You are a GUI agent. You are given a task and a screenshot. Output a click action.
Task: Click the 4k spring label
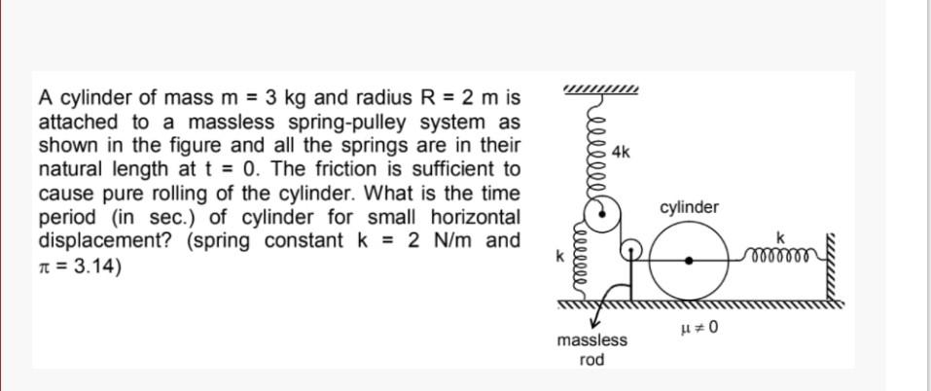(622, 153)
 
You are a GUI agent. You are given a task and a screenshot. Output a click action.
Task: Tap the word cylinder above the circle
(689, 207)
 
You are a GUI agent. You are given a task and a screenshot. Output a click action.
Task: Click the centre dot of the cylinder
(689, 261)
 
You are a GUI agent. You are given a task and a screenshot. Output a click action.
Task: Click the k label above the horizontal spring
(779, 237)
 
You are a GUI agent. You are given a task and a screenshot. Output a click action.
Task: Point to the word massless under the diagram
(591, 340)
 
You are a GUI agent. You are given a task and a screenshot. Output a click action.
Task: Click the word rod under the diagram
(591, 360)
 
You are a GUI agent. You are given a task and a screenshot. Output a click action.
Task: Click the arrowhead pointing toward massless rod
(594, 324)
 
